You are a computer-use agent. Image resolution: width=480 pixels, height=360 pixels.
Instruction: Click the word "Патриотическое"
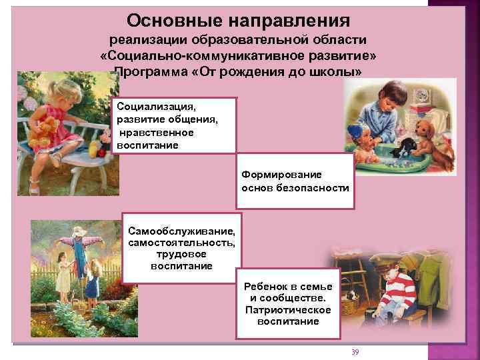click(289, 309)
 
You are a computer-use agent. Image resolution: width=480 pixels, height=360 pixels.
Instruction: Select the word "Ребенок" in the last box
click(273, 286)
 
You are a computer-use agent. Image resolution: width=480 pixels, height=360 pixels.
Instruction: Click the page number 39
click(355, 351)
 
